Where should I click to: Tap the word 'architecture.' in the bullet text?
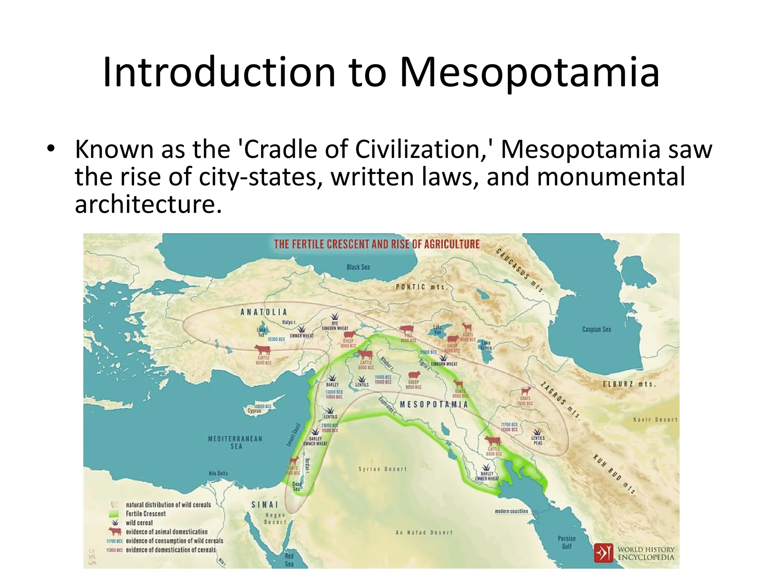(148, 204)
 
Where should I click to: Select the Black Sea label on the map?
(358, 267)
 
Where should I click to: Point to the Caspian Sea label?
(596, 329)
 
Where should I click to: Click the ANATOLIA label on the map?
(264, 312)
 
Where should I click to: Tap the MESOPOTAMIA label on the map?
(434, 404)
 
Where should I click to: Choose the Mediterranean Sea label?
(235, 442)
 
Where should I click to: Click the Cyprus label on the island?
(254, 411)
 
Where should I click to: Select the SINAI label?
(265, 505)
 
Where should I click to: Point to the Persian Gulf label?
(566, 542)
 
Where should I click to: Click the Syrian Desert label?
(383, 469)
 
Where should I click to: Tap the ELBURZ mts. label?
(629, 384)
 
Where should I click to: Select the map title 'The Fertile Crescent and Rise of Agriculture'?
(377, 244)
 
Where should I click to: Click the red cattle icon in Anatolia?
(262, 350)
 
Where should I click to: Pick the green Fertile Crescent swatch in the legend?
(114, 514)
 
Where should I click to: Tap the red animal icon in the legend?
(115, 531)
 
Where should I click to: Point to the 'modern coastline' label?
(511, 511)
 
